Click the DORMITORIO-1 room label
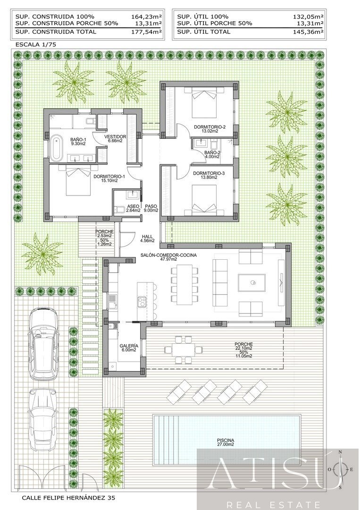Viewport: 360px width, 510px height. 109,179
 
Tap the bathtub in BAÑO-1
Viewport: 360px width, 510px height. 57,146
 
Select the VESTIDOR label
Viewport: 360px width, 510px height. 116,138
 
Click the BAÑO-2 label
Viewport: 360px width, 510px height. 212,155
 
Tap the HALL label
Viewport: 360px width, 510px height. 147,238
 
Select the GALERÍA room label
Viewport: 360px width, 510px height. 129,347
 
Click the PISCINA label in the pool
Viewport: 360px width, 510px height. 226,442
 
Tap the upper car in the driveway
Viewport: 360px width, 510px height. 43,342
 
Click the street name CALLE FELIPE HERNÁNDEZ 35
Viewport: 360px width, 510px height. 68,498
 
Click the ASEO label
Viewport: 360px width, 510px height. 133,207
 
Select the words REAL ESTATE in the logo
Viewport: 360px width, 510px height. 274,504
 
